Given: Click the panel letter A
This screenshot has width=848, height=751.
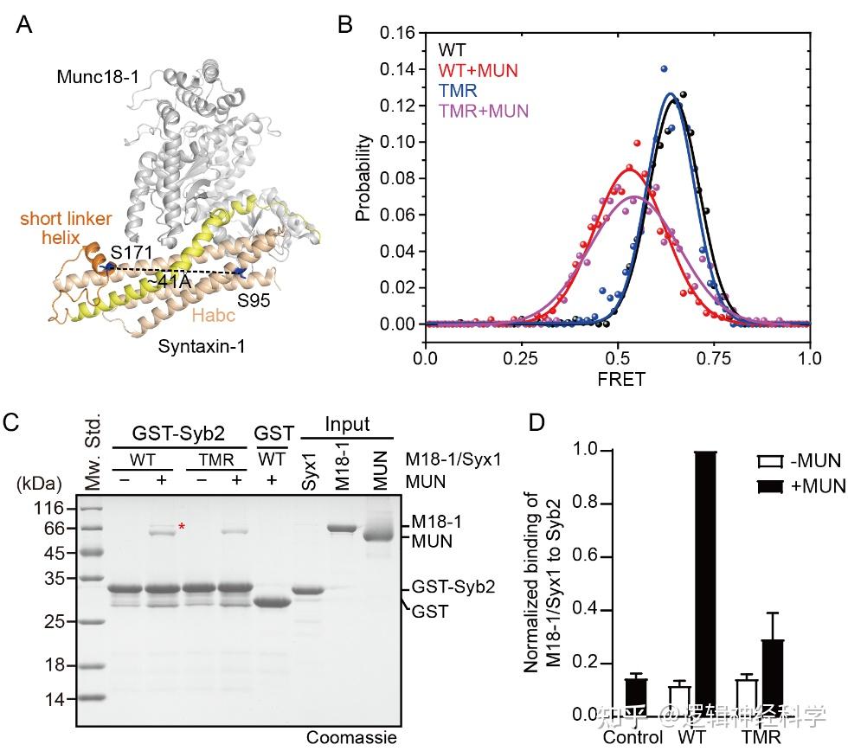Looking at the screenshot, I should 25,23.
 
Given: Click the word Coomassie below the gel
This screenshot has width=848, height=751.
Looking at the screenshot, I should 351,738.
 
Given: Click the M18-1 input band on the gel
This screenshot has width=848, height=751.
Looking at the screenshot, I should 342,528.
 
